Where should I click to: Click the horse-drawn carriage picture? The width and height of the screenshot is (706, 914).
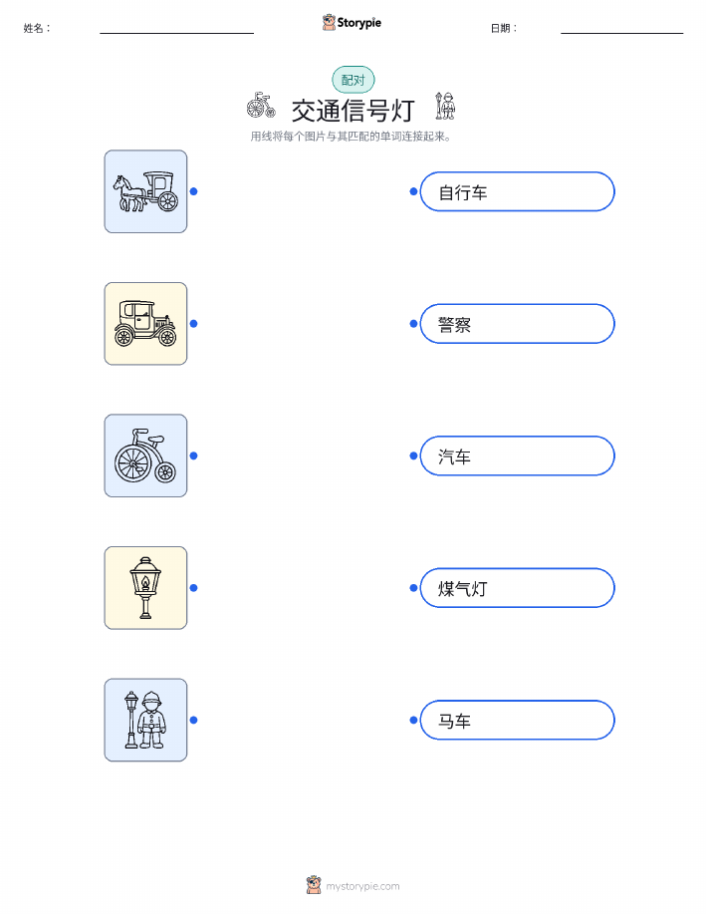(145, 191)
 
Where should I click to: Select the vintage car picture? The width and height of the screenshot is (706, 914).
(145, 324)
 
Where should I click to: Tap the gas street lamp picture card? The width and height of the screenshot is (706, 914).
(145, 588)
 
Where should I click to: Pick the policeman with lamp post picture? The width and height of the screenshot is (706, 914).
(145, 720)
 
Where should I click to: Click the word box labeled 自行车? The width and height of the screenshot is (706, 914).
(517, 191)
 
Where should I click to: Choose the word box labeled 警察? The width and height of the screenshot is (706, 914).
(517, 324)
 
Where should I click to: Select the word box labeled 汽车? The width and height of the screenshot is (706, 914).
(517, 456)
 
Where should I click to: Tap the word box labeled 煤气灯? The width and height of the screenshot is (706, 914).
(517, 588)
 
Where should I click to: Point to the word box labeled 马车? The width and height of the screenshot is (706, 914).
(517, 720)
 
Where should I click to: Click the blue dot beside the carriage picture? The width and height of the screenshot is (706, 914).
(194, 191)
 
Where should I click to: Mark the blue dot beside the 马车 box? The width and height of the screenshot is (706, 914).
(413, 720)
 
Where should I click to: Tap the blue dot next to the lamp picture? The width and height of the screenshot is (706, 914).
(194, 588)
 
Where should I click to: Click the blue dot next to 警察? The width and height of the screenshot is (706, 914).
(413, 324)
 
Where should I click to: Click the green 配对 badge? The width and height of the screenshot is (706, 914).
(353, 80)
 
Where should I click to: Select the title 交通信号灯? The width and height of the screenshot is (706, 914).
(353, 111)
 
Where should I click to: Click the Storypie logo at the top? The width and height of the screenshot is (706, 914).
(352, 23)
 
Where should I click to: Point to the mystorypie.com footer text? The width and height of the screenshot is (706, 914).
(362, 886)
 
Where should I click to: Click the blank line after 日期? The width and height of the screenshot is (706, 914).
(622, 33)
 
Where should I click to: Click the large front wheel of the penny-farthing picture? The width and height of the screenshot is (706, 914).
(132, 463)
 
